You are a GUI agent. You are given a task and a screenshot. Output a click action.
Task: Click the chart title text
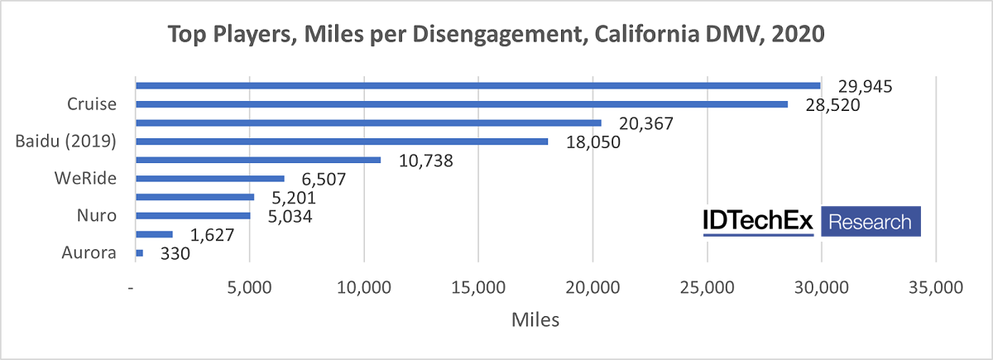click(x=496, y=35)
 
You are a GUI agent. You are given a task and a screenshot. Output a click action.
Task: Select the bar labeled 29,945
click(x=477, y=85)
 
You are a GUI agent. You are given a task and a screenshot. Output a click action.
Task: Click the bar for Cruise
click(x=461, y=104)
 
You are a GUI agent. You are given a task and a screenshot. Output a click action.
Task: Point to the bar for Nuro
click(x=192, y=216)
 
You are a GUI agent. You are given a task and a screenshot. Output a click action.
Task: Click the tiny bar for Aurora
click(x=139, y=253)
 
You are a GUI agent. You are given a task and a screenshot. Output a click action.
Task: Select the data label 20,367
click(x=643, y=123)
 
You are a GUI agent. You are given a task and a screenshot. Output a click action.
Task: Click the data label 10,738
click(x=423, y=161)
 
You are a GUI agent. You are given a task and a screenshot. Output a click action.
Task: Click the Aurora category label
click(x=89, y=253)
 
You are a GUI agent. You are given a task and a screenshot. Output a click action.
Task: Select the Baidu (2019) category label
click(x=65, y=142)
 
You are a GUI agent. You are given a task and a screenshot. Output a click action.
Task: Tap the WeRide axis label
click(x=84, y=179)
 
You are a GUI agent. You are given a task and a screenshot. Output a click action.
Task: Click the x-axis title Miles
click(x=535, y=320)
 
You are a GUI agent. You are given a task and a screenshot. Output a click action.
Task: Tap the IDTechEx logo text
click(x=759, y=221)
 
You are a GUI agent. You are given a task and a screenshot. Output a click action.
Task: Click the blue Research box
click(x=870, y=222)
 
